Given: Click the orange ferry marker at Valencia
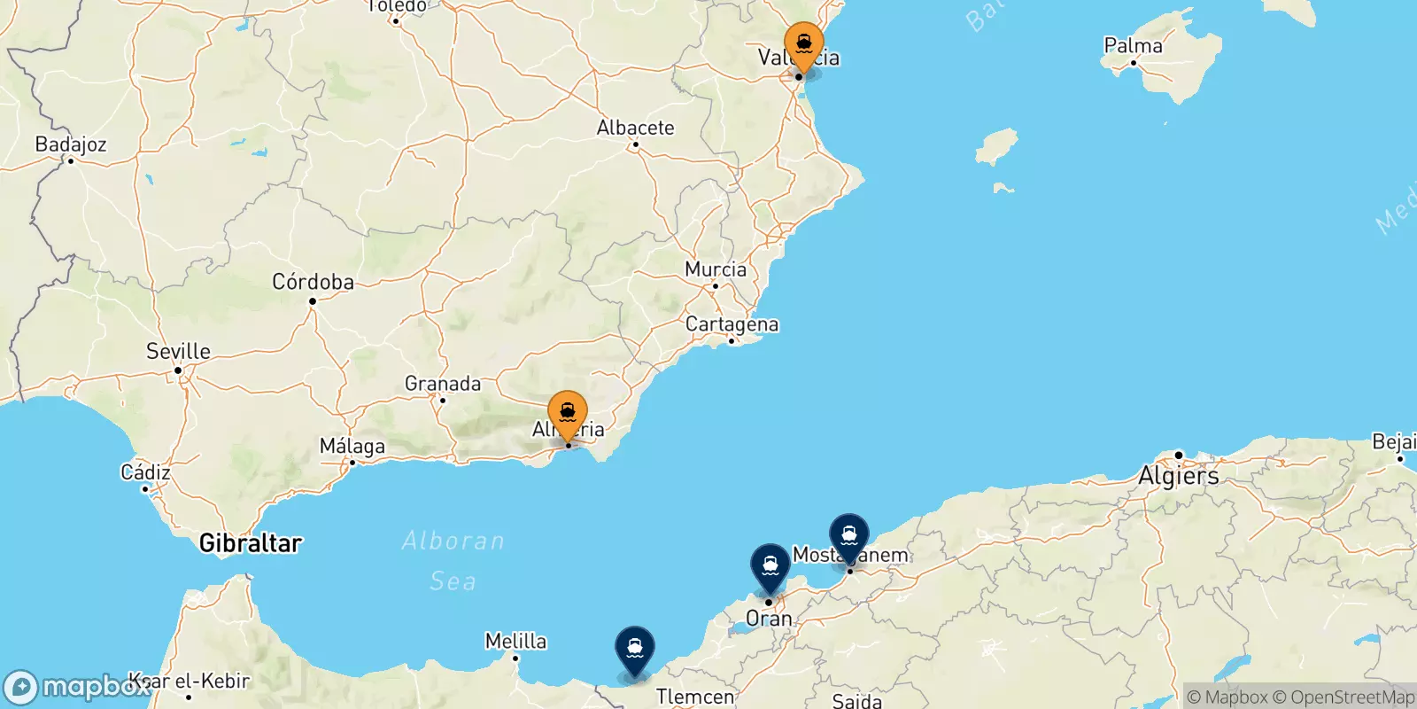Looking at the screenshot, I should click(803, 44).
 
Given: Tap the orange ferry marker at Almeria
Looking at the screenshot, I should click(567, 414).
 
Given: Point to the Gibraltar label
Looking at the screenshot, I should click(251, 542).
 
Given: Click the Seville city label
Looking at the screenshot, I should click(178, 351).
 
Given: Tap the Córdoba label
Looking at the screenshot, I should click(313, 282).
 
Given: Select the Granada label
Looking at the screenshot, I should click(443, 384).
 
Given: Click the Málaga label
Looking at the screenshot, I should click(352, 446).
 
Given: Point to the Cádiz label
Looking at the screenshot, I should click(145, 471).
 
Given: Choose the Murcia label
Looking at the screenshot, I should click(716, 269).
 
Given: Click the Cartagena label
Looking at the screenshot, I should click(732, 324).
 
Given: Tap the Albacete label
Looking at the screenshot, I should click(635, 128).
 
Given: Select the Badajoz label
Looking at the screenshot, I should click(71, 144).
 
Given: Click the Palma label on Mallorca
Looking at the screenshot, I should click(1133, 45).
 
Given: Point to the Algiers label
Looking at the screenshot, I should click(1178, 476).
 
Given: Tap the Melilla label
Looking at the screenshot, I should click(515, 641).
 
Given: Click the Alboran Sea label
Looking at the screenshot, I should click(453, 560).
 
